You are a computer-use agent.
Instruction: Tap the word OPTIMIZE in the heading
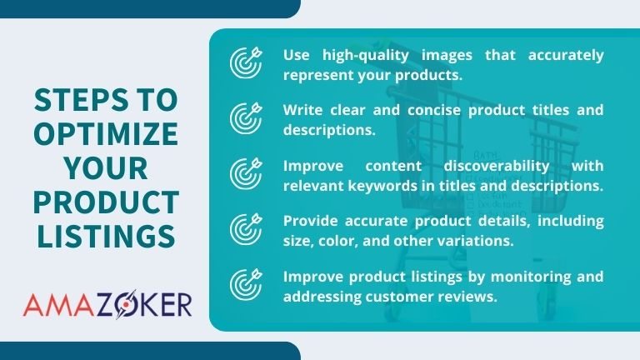[x=105, y=134]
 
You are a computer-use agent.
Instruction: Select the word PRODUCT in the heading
[x=105, y=201]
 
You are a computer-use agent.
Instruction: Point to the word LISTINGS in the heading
[x=105, y=235]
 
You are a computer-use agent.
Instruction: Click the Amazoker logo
[x=107, y=303]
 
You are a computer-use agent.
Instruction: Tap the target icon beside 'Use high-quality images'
[x=244, y=63]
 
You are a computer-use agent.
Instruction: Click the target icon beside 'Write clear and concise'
[x=244, y=118]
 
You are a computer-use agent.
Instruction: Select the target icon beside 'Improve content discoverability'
[x=244, y=173]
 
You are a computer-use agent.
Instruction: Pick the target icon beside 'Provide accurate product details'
[x=244, y=229]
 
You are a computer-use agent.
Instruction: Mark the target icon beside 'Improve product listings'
[x=244, y=284]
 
